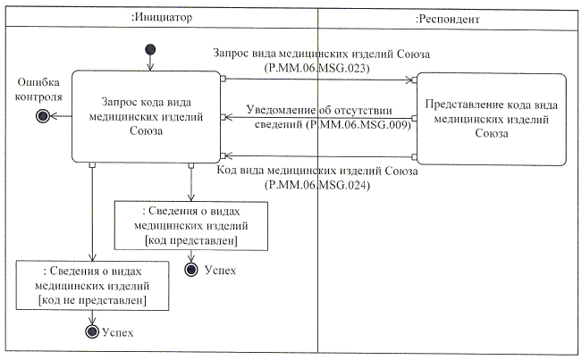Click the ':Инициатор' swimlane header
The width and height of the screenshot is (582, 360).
click(x=161, y=19)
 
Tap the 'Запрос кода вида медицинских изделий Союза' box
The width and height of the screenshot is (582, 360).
click(x=146, y=116)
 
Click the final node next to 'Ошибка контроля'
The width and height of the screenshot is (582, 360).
click(x=40, y=116)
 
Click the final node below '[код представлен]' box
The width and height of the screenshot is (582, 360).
click(x=190, y=269)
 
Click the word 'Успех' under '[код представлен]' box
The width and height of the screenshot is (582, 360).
click(x=220, y=270)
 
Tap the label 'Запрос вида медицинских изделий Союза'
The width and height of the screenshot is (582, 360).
click(x=322, y=54)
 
